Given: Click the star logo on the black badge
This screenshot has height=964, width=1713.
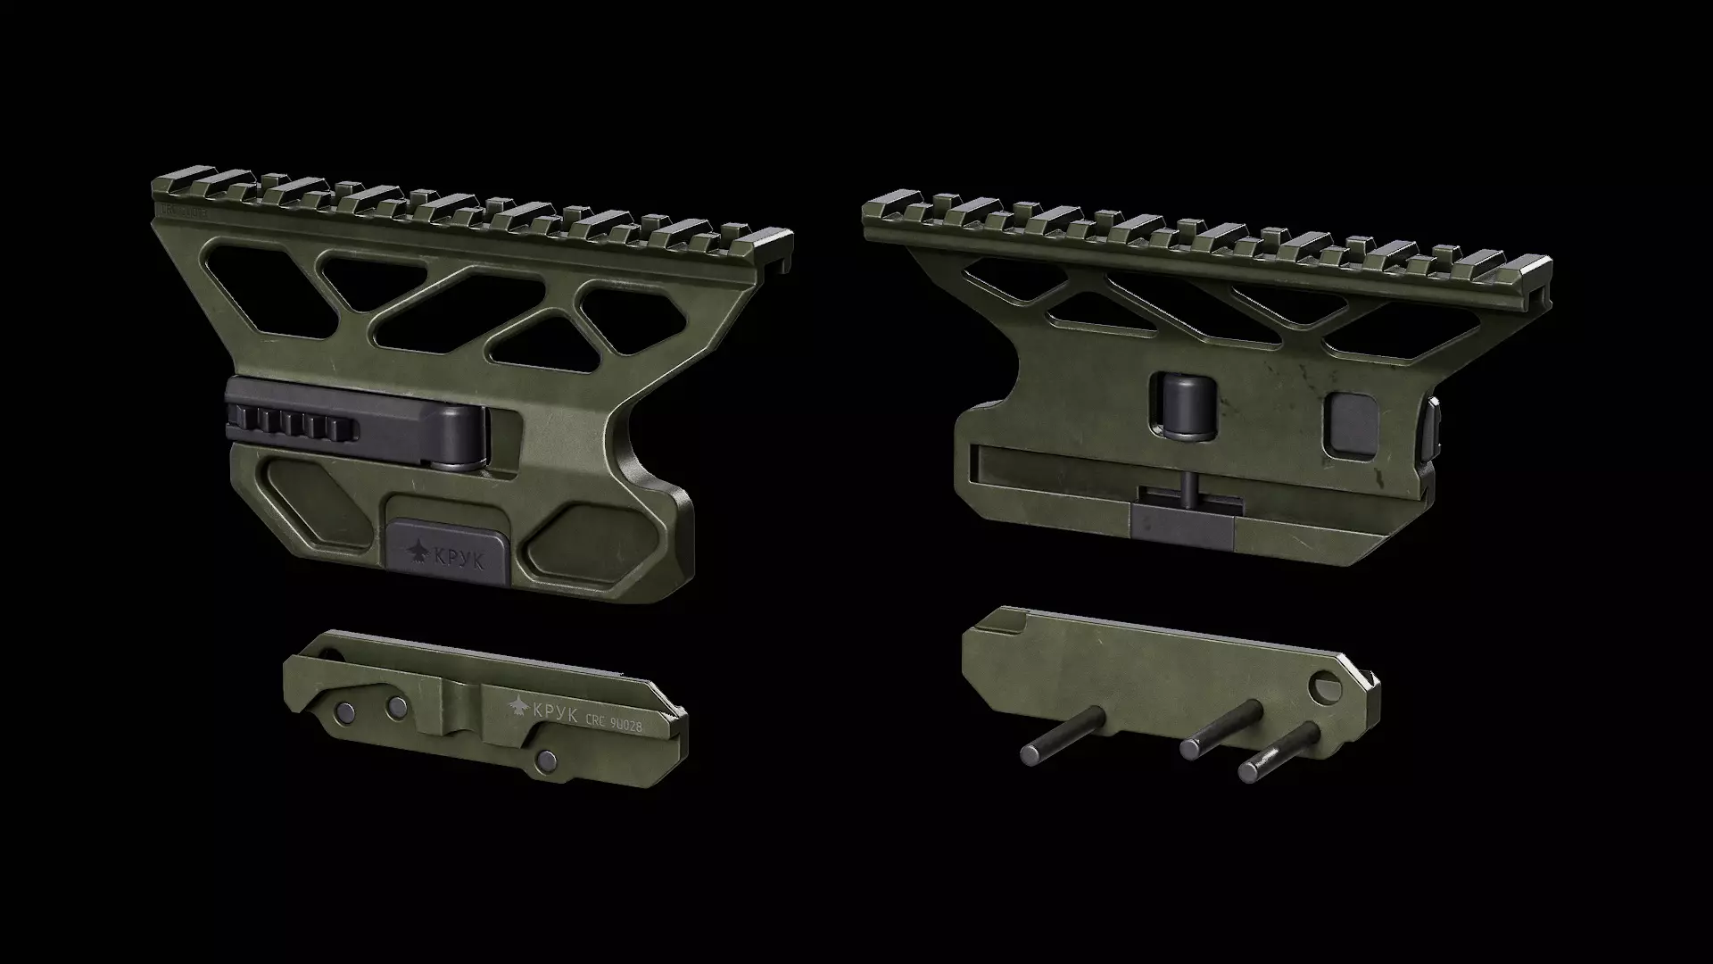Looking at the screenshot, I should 418,553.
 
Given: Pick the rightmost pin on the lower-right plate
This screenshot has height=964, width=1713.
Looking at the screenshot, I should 1280,750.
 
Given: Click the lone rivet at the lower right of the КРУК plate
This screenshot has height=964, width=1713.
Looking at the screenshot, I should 546,760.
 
